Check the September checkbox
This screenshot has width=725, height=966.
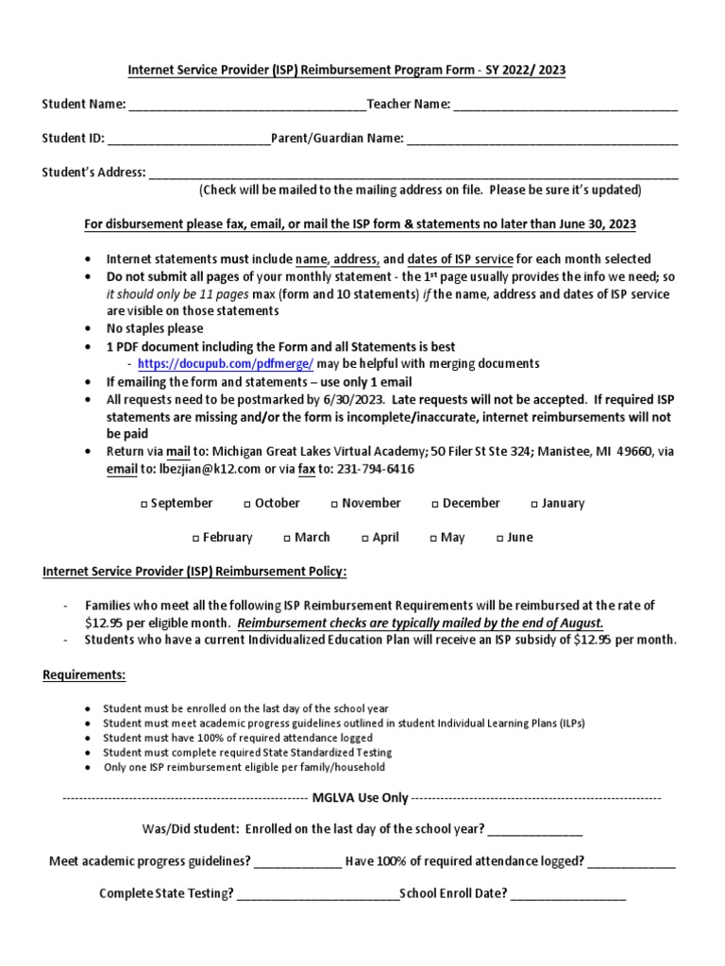point(144,505)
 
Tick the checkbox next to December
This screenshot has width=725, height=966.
point(435,505)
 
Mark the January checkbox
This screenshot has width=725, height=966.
point(534,505)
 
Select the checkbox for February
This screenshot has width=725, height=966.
point(196,539)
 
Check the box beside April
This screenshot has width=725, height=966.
point(365,539)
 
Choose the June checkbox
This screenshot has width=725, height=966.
point(500,539)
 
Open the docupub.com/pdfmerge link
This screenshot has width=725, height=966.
point(225,363)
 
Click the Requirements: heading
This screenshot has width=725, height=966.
point(83,675)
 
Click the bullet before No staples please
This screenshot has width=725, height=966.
point(88,329)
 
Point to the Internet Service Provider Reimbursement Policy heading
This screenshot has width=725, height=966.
point(194,572)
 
